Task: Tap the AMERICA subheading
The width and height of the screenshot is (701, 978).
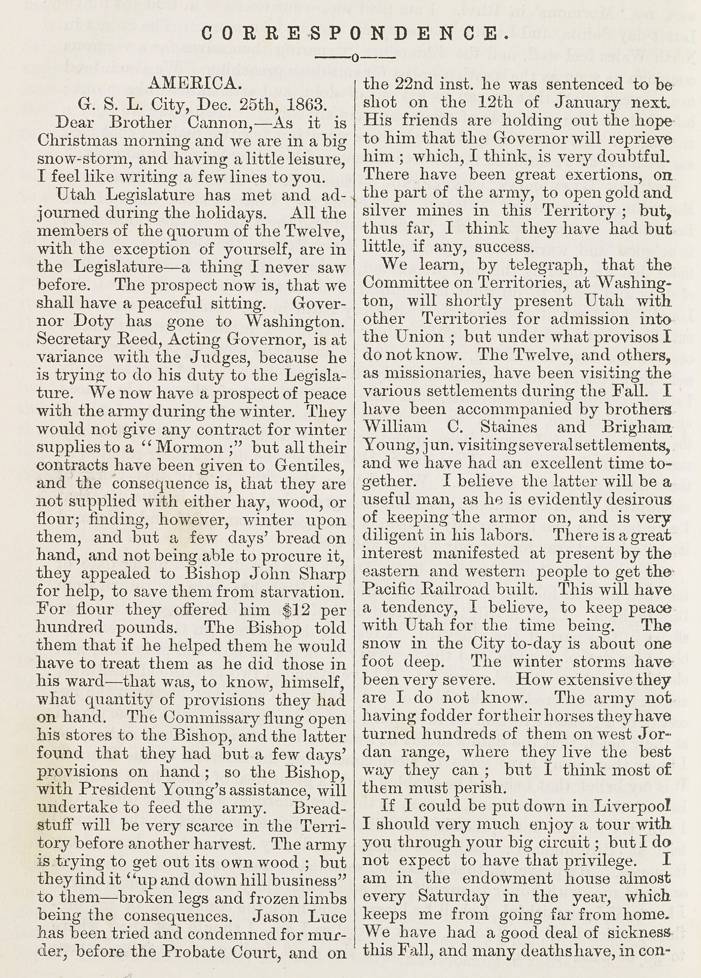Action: click(192, 84)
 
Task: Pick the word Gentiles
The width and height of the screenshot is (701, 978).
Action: click(310, 466)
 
